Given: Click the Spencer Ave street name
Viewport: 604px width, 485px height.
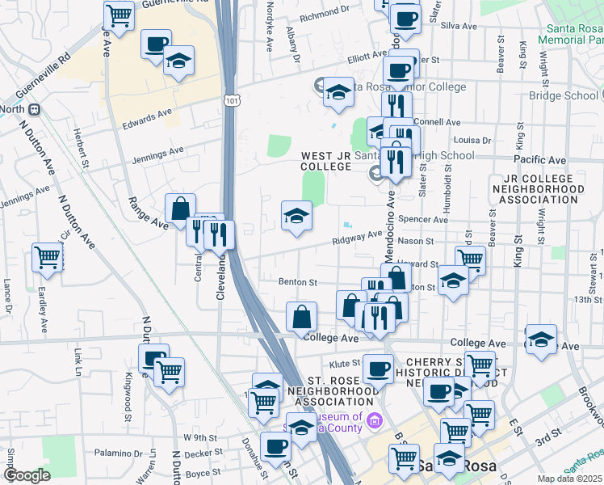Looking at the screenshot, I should pos(428,220).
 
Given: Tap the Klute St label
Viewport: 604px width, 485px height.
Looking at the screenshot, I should pos(343,365).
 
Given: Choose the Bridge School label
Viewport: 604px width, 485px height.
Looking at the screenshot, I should pos(564,95).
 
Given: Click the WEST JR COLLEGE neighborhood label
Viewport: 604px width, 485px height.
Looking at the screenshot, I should pos(326,161).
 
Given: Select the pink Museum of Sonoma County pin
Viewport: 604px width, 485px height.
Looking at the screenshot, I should pos(373,420).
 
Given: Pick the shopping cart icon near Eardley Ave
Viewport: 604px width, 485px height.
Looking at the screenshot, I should pos(48,259).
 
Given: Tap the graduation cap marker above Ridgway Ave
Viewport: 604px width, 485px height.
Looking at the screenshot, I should pos(296,216).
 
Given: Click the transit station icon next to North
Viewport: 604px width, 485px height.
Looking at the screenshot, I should pos(34,109).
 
